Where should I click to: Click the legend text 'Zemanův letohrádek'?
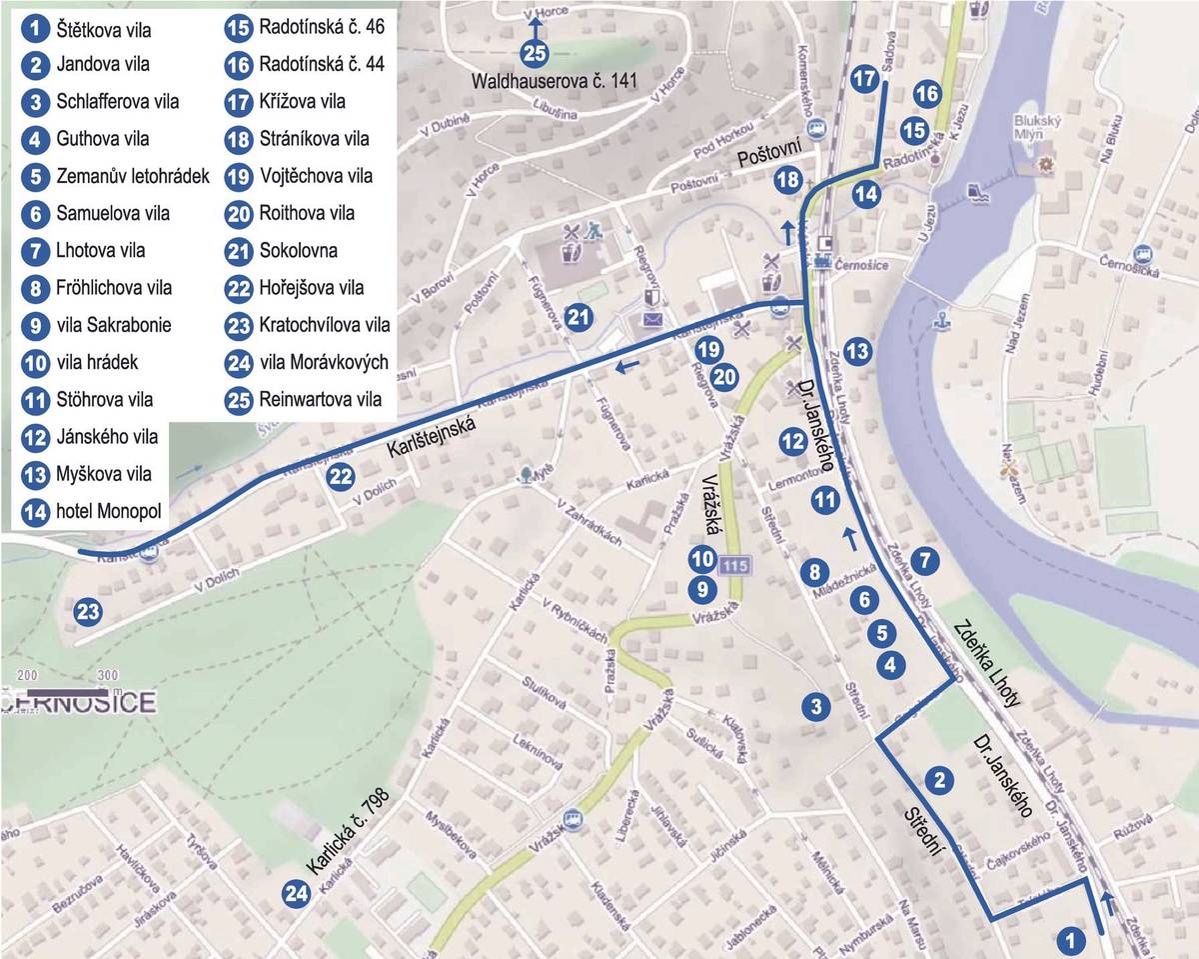coord(133,177)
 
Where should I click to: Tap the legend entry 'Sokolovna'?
coord(297,250)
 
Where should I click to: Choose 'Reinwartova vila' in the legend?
coord(320,399)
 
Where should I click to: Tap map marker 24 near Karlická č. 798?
coord(296,893)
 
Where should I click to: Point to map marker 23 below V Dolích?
coord(88,611)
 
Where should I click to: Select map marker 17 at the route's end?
coord(864,78)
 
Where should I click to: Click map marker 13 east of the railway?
coord(856,350)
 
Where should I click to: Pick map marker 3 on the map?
coord(816,706)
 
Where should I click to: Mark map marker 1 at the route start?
coord(1070,939)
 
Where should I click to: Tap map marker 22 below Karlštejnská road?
coord(341,476)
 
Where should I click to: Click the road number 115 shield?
coord(734,566)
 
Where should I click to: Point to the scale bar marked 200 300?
coord(67,690)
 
